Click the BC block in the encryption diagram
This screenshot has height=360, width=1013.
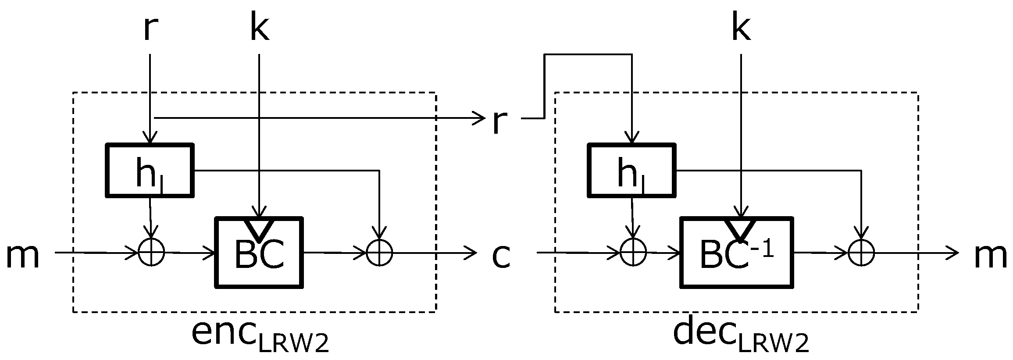[259, 253]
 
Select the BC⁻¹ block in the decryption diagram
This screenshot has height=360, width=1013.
[737, 253]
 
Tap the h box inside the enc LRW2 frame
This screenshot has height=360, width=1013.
[150, 170]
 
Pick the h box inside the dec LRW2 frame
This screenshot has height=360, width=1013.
[631, 170]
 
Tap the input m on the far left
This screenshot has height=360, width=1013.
[23, 256]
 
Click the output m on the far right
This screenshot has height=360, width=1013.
[990, 256]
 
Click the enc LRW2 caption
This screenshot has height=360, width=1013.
[260, 335]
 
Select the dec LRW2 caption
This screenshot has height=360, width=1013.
[741, 335]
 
